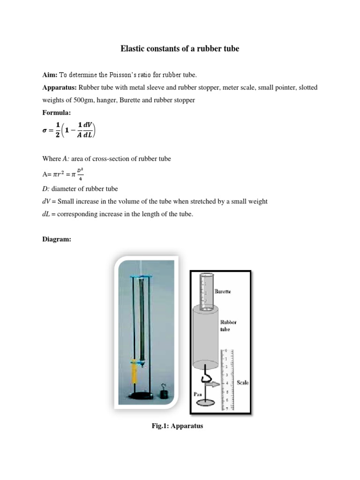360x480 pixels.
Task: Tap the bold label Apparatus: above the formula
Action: pos(60,88)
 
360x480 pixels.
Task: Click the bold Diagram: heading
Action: pos(57,239)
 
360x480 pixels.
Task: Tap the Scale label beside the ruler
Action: pos(242,383)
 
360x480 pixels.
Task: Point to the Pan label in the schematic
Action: pos(197,394)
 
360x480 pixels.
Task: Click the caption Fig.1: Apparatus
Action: pos(180,426)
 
